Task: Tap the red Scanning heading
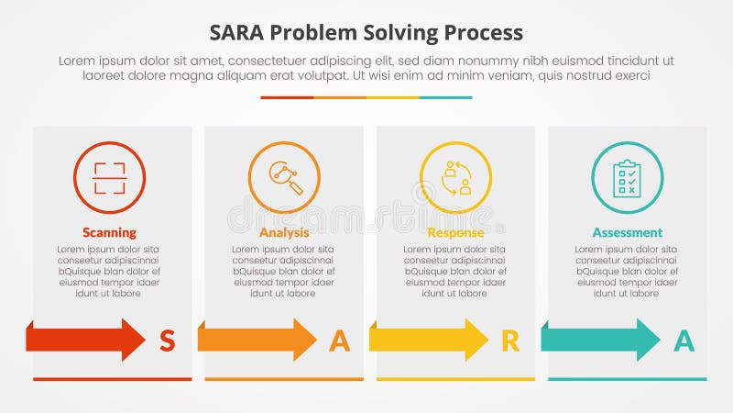(109, 232)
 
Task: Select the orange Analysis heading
(284, 232)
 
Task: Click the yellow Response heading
(455, 232)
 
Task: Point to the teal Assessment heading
(627, 232)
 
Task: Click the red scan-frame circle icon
(109, 177)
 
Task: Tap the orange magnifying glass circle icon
(284, 177)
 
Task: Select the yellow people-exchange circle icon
(455, 177)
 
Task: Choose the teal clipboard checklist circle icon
(627, 177)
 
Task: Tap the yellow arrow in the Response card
(428, 340)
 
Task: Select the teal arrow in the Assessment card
(600, 340)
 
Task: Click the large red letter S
(167, 340)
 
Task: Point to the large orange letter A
(339, 340)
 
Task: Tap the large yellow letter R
(510, 340)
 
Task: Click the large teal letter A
(684, 340)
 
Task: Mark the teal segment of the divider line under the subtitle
(446, 97)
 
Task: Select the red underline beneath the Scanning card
(113, 379)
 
